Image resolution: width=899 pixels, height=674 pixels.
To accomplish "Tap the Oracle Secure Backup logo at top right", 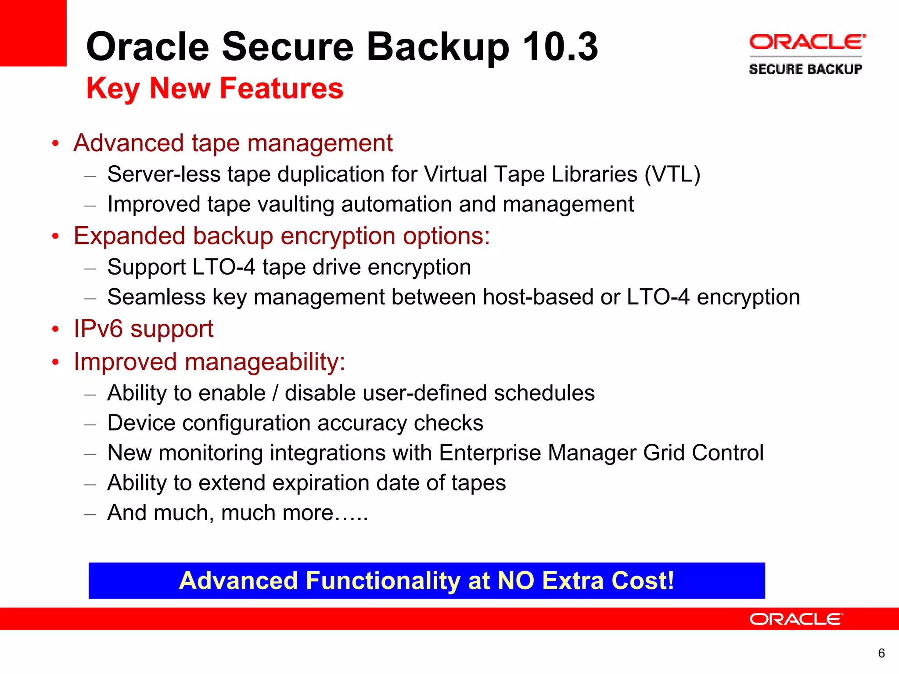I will point(807,54).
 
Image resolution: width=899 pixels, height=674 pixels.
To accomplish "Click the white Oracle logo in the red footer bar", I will point(796,619).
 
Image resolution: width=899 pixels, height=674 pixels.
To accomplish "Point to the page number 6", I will point(881,653).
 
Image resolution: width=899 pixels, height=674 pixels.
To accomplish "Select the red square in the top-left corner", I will point(33,33).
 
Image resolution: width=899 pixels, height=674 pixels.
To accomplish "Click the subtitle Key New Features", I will point(215,88).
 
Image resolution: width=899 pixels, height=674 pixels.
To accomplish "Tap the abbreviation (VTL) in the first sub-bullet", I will point(672,174).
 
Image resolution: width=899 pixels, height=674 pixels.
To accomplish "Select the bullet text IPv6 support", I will point(143,329).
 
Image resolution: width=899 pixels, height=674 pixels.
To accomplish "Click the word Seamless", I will point(156,297).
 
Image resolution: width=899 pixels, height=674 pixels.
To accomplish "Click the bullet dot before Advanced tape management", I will point(55,144).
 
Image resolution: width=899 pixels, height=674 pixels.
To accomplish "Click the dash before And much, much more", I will point(90,513).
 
